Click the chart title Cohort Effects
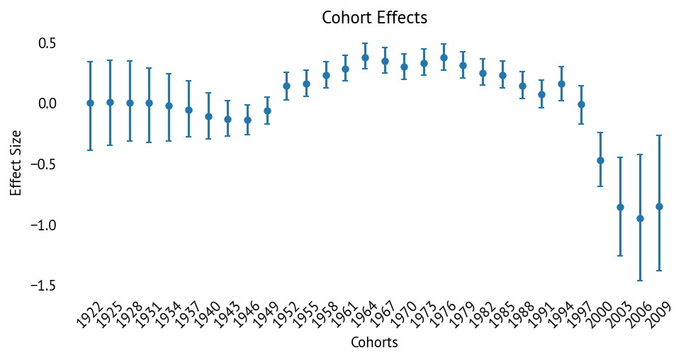[374, 18]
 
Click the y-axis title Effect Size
[16, 162]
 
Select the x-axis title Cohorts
[374, 343]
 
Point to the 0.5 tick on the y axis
[47, 44]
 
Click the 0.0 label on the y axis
[47, 104]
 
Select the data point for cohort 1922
[90, 103]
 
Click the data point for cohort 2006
[640, 218]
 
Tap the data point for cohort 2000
[600, 160]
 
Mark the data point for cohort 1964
[365, 58]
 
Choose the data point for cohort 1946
[247, 120]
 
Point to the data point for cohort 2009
[659, 206]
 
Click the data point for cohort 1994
[561, 84]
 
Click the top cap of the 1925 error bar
[110, 61]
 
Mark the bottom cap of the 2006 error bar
[640, 281]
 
